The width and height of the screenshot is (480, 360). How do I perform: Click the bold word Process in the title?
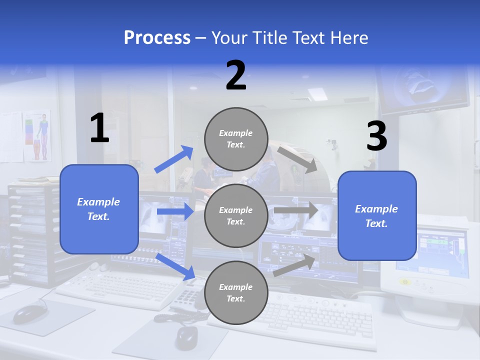[157, 38]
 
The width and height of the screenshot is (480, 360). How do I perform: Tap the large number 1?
[99, 128]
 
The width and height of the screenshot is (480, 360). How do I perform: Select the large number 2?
[236, 75]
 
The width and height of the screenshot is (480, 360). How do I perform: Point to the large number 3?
[376, 136]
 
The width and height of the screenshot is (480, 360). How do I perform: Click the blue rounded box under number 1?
[99, 209]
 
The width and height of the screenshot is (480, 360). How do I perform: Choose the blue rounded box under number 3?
[377, 215]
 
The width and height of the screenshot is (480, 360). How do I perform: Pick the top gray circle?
[236, 139]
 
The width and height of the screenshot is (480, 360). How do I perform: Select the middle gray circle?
[236, 215]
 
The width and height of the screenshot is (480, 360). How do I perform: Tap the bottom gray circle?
[236, 292]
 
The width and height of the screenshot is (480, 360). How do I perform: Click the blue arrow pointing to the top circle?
[174, 159]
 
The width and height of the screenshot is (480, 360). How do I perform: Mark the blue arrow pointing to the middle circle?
[175, 211]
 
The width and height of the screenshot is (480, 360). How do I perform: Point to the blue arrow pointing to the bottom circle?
[175, 266]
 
